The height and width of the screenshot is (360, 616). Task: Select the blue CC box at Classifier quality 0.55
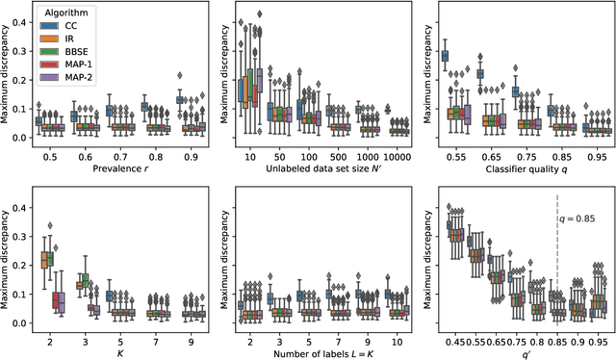[446, 57]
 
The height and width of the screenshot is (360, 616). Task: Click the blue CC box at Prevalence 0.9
[181, 99]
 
